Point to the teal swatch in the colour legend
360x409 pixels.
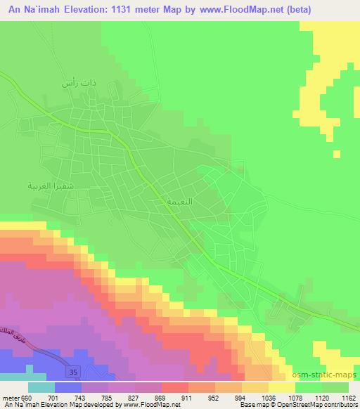[x=41, y=387]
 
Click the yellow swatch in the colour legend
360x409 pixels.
[x=281, y=387]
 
